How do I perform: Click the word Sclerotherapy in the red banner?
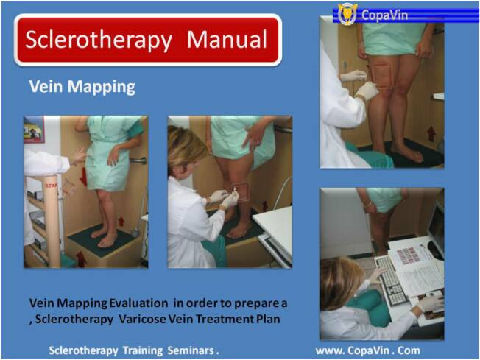99,40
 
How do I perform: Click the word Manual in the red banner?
227,39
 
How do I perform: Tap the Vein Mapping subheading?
82,88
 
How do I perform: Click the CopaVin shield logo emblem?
347,13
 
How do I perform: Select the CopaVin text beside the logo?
384,15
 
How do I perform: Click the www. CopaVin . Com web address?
367,350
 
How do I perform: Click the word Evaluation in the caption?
138,303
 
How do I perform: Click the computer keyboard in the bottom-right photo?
392,280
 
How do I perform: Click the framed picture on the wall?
34,130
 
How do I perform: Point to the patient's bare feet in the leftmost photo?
104,236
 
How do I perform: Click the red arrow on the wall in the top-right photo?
431,134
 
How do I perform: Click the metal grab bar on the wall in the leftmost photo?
138,160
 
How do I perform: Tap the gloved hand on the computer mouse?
431,303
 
